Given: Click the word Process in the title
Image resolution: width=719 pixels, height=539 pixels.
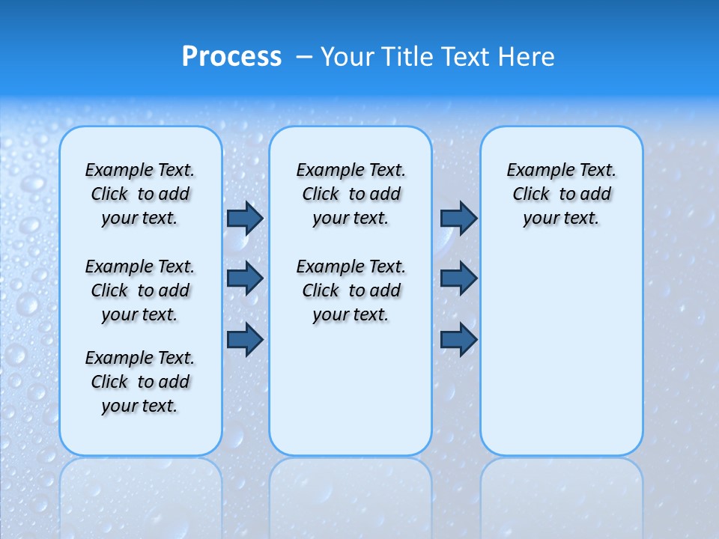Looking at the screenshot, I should coord(231,57).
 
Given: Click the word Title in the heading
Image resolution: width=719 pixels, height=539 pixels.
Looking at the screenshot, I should coord(405,57).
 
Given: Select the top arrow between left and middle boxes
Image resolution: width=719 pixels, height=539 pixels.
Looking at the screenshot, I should coord(245,218).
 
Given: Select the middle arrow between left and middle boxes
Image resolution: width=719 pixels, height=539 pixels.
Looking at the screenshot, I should coord(245,278).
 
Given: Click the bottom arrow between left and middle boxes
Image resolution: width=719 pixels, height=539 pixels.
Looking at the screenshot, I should coord(245,340).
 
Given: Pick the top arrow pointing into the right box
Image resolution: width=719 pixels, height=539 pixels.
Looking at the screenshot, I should coord(458,218).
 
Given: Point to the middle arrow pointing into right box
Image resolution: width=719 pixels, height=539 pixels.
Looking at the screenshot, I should coord(458,278).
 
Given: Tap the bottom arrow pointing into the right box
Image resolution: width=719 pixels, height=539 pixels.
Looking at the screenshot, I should coord(458,340).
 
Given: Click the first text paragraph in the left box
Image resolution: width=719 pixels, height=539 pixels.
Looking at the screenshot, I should coord(140,194).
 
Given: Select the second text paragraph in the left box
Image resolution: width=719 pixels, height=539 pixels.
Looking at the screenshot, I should coord(140,290).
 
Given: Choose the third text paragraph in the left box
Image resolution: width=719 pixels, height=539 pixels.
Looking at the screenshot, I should coord(140,382).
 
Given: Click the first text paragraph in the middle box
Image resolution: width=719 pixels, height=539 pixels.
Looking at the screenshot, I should coord(351,194).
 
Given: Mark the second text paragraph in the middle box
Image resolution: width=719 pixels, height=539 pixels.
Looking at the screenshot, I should coord(351,290).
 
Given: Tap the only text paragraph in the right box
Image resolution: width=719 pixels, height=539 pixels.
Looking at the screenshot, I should coord(562,194).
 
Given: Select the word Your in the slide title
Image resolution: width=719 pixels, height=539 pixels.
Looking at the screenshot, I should coord(346,57).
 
